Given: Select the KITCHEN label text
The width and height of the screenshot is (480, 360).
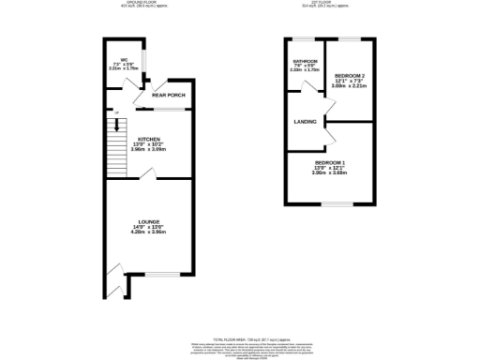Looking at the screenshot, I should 150,138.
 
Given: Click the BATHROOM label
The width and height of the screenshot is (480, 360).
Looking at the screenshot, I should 307,60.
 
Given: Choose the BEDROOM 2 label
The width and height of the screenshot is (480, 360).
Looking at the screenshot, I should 350,74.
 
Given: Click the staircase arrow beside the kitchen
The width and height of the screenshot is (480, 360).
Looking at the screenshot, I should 117,123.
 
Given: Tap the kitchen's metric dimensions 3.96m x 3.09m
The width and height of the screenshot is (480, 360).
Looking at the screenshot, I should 150,149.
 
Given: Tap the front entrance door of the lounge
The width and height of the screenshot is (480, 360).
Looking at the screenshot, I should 114,274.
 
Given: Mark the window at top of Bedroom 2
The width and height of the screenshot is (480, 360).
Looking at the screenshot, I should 350,38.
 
